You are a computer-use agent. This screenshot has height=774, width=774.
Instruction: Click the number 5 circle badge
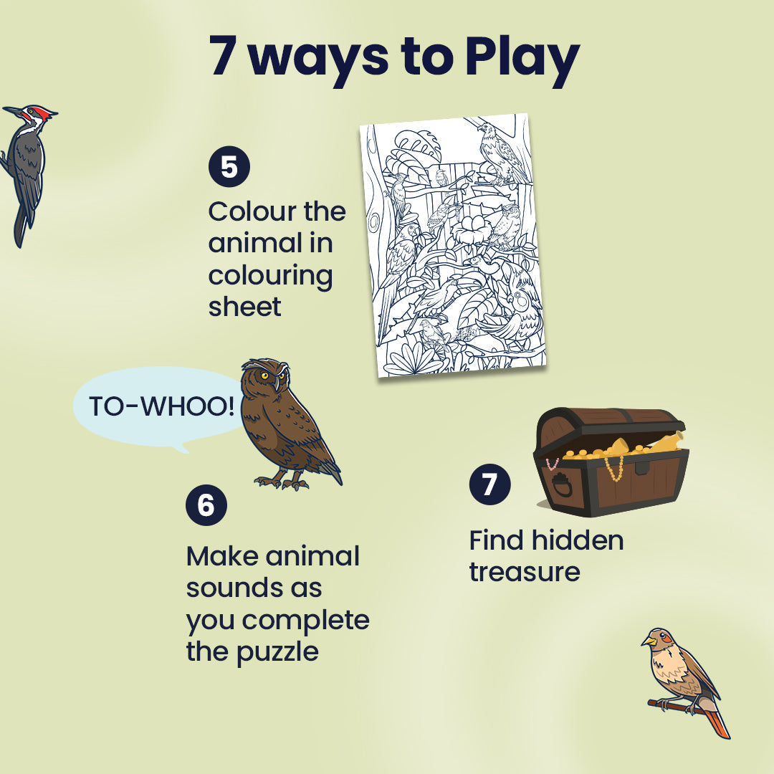pyautogui.click(x=229, y=166)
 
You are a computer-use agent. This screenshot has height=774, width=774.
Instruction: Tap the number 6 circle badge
pyautogui.click(x=206, y=505)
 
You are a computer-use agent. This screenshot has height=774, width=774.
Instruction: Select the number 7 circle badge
pyautogui.click(x=489, y=484)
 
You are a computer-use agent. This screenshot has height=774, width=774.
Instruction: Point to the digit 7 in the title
pyautogui.click(x=223, y=58)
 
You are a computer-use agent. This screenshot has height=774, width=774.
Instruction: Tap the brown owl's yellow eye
pyautogui.click(x=266, y=375)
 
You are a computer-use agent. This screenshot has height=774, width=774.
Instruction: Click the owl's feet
pyautogui.click(x=282, y=482)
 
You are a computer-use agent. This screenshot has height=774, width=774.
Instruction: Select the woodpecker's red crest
pyautogui.click(x=43, y=113)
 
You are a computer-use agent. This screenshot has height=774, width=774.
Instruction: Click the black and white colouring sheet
pyautogui.click(x=453, y=245)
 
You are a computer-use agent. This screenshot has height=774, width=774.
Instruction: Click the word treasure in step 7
pyautogui.click(x=524, y=572)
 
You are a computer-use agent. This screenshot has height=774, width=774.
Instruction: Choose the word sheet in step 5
pyautogui.click(x=244, y=306)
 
